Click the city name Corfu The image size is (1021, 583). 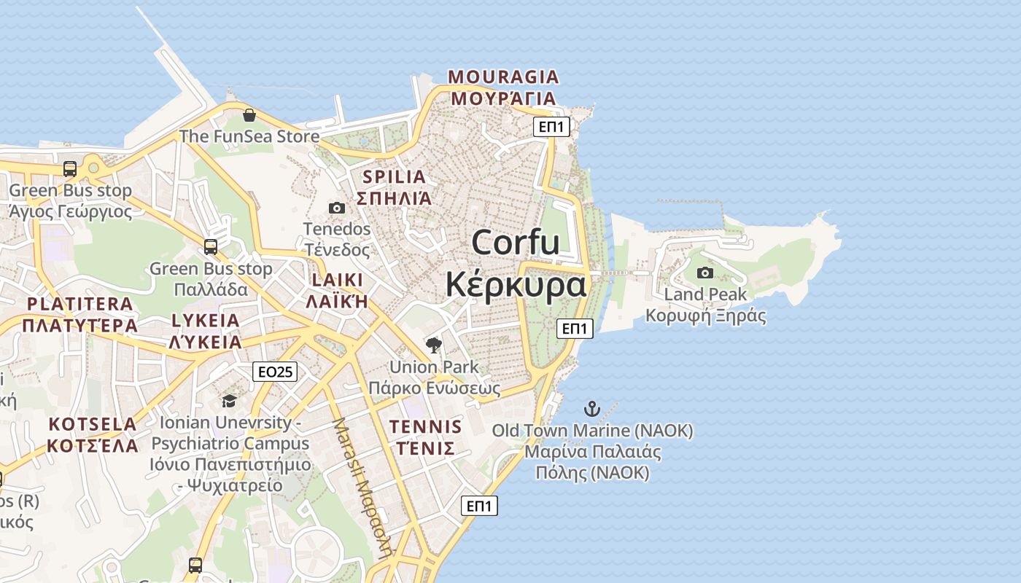516,242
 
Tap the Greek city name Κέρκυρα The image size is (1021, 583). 516,284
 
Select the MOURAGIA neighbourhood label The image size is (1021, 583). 503,77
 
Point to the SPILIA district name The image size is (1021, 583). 394,177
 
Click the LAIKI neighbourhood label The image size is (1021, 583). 337,280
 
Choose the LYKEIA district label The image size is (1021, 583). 205,321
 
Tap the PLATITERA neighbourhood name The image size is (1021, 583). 80,304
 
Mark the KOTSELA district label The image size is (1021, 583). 93,424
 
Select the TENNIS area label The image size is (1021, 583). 426,427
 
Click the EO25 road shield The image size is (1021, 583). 276,372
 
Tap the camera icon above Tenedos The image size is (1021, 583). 337,208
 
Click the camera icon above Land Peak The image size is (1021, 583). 705,273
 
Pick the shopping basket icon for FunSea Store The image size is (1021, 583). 249,115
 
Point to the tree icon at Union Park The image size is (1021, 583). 434,345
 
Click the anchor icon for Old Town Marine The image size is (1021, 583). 592,409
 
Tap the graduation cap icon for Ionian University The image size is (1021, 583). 229,402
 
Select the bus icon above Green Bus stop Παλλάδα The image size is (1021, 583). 211,247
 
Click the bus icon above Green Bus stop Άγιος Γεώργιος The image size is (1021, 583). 70,169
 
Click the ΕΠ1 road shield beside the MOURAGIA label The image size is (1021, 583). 552,127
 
